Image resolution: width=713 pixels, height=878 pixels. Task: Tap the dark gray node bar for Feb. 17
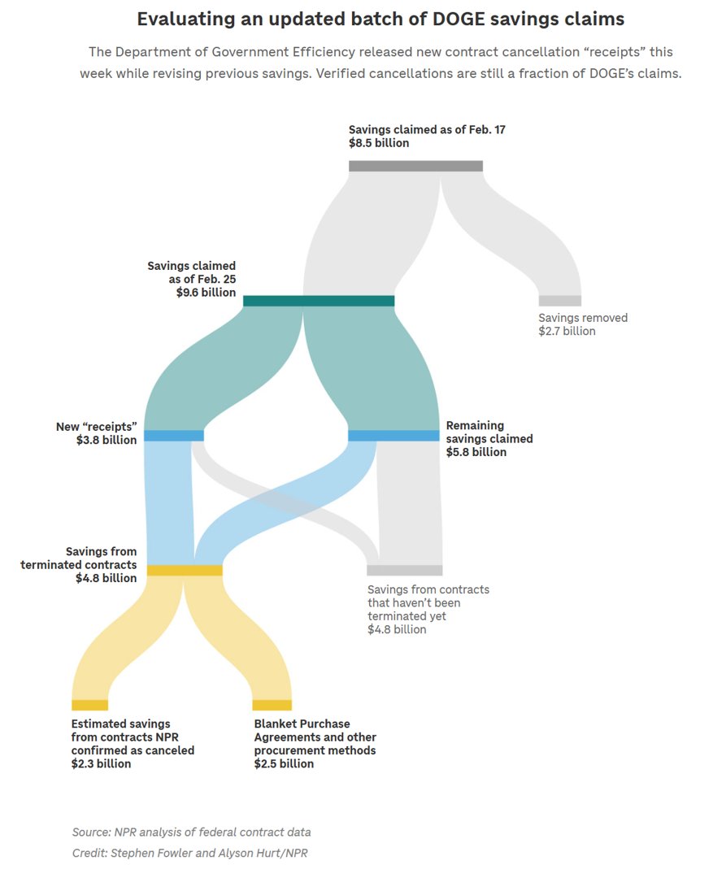tap(415, 166)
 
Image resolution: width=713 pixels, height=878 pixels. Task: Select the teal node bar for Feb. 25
tap(319, 301)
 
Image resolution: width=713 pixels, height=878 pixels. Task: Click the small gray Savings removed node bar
tap(559, 301)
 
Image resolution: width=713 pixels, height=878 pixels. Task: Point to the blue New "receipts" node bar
tap(173, 436)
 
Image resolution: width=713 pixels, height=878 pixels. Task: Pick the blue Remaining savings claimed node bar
tap(393, 436)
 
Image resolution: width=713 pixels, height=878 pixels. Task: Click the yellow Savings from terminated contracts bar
tap(184, 570)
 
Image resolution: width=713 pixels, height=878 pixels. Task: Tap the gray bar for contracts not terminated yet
tap(404, 570)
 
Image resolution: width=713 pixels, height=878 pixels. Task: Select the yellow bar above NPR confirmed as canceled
tap(89, 705)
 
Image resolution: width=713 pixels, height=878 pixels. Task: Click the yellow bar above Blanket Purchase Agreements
tap(272, 705)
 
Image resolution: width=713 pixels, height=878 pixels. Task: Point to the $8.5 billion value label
tap(379, 143)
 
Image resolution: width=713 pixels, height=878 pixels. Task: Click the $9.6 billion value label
tap(206, 293)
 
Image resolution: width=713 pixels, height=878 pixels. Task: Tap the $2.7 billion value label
tap(567, 332)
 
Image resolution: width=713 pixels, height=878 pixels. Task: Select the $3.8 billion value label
tap(107, 441)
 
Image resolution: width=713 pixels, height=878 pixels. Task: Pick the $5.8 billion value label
tap(476, 452)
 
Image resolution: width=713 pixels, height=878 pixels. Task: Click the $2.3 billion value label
tap(101, 764)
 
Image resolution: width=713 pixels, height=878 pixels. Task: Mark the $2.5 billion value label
tap(284, 764)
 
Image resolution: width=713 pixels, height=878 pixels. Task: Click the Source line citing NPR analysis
tap(191, 832)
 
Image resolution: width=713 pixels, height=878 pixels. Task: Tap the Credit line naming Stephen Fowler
tap(189, 853)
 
